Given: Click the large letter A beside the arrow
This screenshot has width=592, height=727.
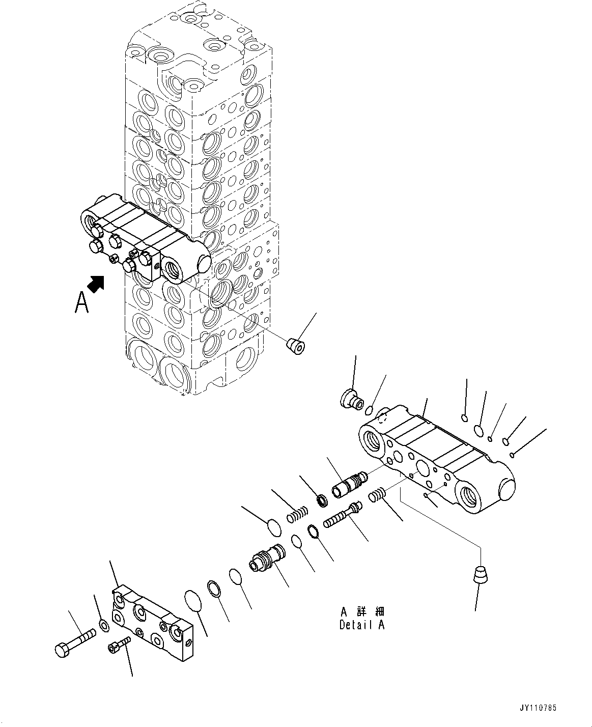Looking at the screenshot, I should point(82,301).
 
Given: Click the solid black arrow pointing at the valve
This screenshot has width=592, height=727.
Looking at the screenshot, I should point(95,283).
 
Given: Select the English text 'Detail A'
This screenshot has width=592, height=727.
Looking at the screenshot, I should point(362,625).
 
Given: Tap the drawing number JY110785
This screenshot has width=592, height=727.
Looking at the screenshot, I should point(538,708).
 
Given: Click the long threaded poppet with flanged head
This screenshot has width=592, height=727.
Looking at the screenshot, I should point(342,516).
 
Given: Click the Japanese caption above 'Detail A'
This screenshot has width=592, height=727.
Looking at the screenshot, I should point(363,611).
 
